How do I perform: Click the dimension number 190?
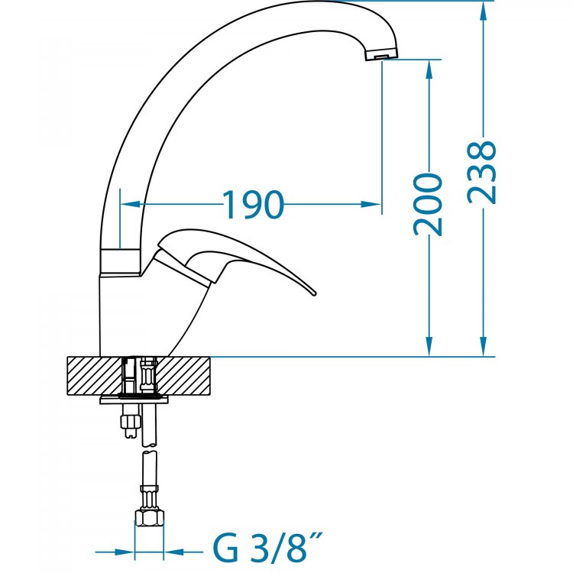click(x=253, y=205)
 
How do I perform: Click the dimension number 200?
click(x=428, y=204)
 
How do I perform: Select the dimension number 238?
click(x=482, y=173)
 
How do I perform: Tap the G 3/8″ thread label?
click(x=268, y=548)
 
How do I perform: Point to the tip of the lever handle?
click(x=315, y=293)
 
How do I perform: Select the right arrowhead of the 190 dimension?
click(x=371, y=204)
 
